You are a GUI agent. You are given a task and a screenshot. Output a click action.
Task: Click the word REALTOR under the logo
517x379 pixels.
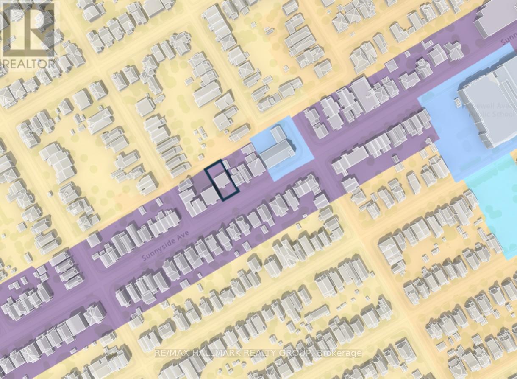pyautogui.click(x=29, y=64)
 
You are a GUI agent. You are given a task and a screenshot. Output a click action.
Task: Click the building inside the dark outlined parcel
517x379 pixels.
pyautogui.click(x=222, y=181)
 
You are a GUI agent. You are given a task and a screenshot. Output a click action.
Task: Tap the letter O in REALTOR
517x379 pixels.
pyautogui.click(x=48, y=64)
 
